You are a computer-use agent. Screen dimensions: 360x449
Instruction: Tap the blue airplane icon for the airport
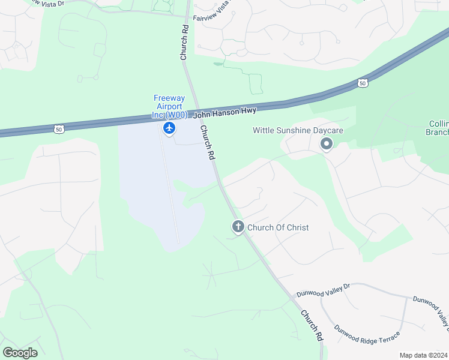[x=169, y=128]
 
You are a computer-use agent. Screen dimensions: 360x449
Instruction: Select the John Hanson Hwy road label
[x=224, y=112]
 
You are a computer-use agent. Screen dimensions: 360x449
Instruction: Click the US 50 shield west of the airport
[x=58, y=128]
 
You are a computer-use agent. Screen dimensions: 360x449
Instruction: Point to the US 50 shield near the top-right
[x=362, y=82]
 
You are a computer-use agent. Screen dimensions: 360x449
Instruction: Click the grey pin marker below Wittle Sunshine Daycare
[x=327, y=144]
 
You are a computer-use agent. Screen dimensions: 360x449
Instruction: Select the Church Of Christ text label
[x=278, y=227]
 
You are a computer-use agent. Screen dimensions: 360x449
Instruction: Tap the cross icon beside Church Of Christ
[x=238, y=227]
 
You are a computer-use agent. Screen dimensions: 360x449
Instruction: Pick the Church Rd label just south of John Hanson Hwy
[x=207, y=142]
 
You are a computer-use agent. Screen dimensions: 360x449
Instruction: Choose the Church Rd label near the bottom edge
[x=312, y=325]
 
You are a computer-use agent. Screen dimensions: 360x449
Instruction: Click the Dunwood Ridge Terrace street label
[x=367, y=335]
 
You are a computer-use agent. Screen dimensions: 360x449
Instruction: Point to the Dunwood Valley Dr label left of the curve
[x=323, y=291]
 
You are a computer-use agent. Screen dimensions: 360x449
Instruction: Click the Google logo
[x=20, y=352]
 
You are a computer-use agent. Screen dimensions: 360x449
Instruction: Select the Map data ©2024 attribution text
[x=423, y=355]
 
